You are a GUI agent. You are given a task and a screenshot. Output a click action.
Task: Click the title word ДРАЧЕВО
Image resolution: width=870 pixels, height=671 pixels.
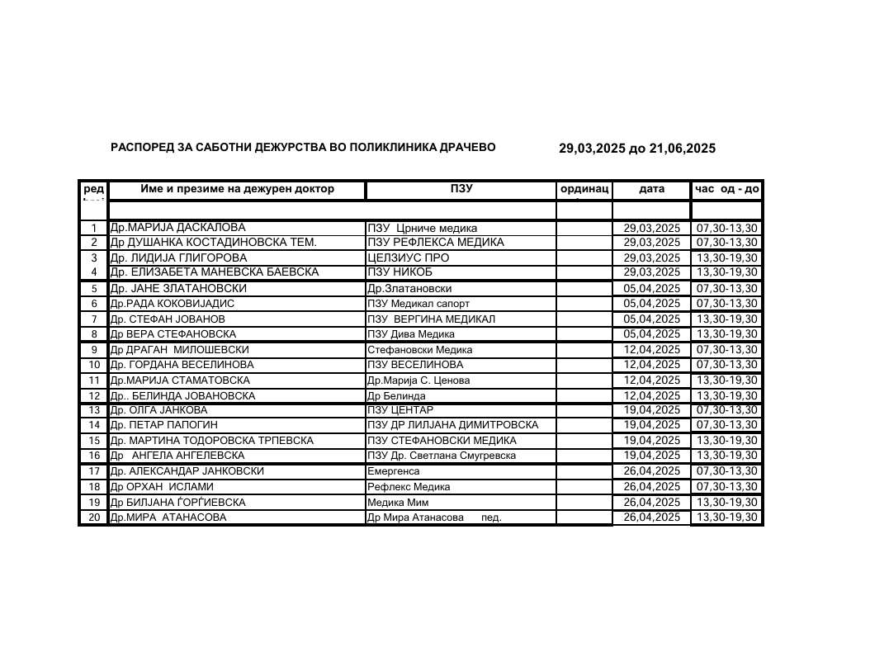tap(465, 148)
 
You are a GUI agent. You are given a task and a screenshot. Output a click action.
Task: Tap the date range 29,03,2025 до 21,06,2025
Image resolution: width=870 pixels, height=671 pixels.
tap(636, 149)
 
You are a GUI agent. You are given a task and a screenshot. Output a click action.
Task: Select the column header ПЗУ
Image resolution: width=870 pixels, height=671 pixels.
tap(461, 189)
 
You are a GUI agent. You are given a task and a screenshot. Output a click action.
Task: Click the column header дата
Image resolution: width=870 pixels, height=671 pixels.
tap(651, 189)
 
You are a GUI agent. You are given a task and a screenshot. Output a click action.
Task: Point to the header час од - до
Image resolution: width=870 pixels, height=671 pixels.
tap(726, 189)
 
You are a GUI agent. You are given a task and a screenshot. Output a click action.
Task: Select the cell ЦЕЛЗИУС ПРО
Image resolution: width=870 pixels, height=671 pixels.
tap(408, 258)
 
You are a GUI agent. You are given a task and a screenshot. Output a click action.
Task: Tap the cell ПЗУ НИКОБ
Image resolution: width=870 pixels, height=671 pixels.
tap(400, 272)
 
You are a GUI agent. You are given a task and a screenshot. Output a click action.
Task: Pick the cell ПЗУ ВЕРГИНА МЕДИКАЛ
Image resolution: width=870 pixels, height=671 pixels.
tap(431, 319)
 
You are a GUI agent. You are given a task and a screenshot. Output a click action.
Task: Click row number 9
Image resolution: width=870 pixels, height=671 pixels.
tap(94, 350)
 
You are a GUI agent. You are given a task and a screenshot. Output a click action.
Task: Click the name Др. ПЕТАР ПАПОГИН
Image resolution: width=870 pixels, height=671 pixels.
tap(164, 425)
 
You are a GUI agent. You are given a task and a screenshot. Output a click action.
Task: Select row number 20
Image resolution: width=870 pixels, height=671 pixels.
tap(94, 517)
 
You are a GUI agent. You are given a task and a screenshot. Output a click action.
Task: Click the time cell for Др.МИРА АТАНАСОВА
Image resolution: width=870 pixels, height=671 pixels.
tap(726, 517)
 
